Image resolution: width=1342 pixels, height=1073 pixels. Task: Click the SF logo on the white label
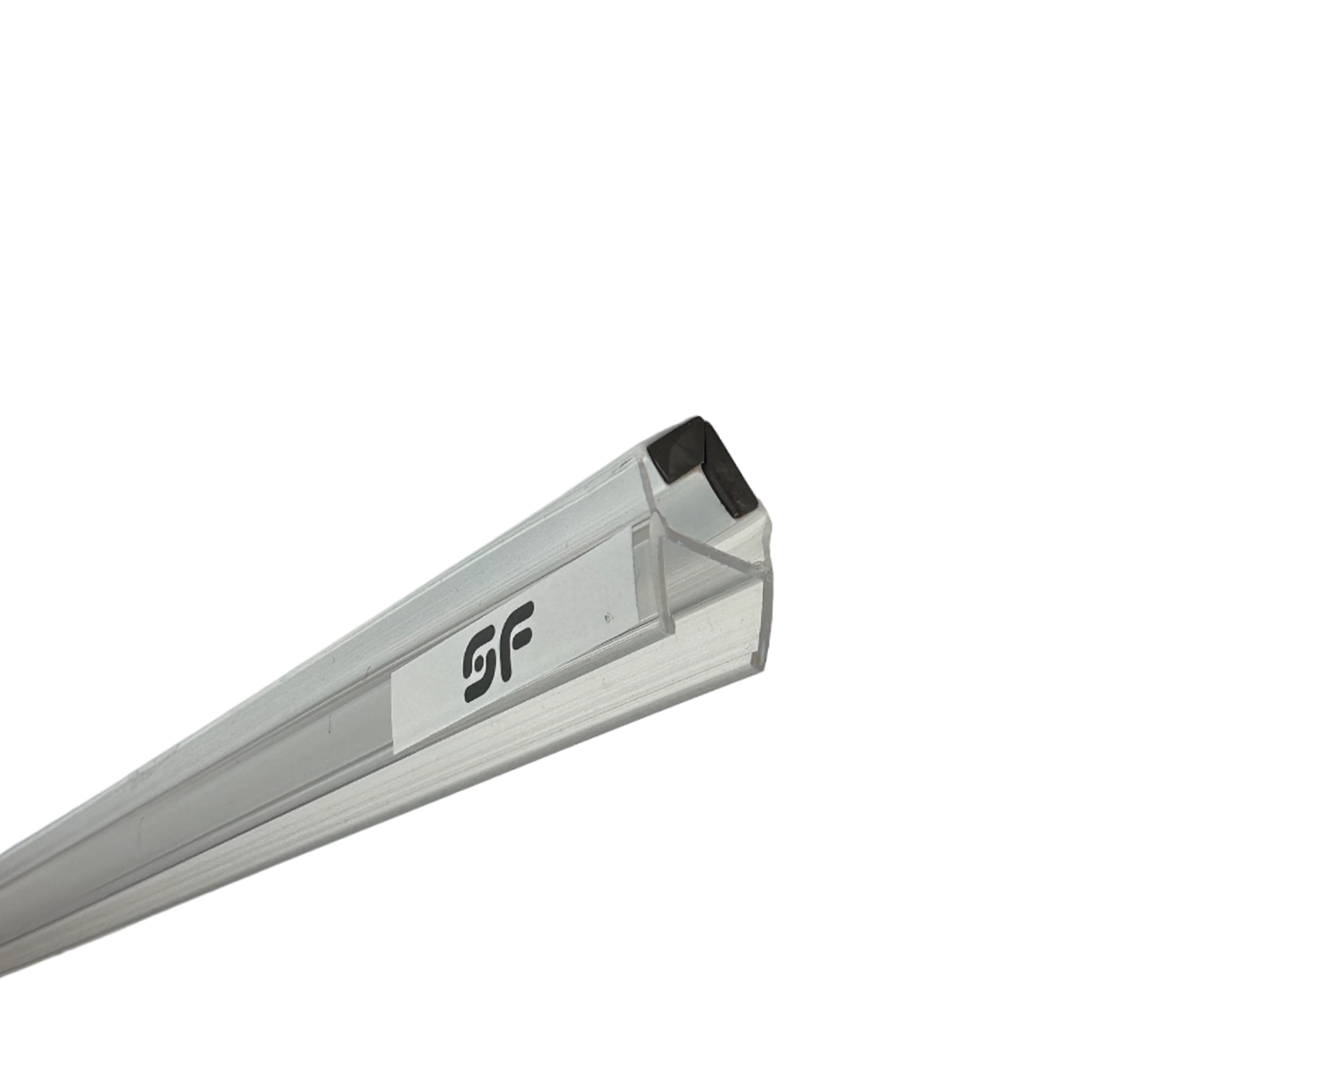tap(498, 651)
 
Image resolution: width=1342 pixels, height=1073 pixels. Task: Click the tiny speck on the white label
tap(608, 618)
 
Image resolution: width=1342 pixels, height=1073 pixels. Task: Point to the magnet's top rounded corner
tap(699, 419)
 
